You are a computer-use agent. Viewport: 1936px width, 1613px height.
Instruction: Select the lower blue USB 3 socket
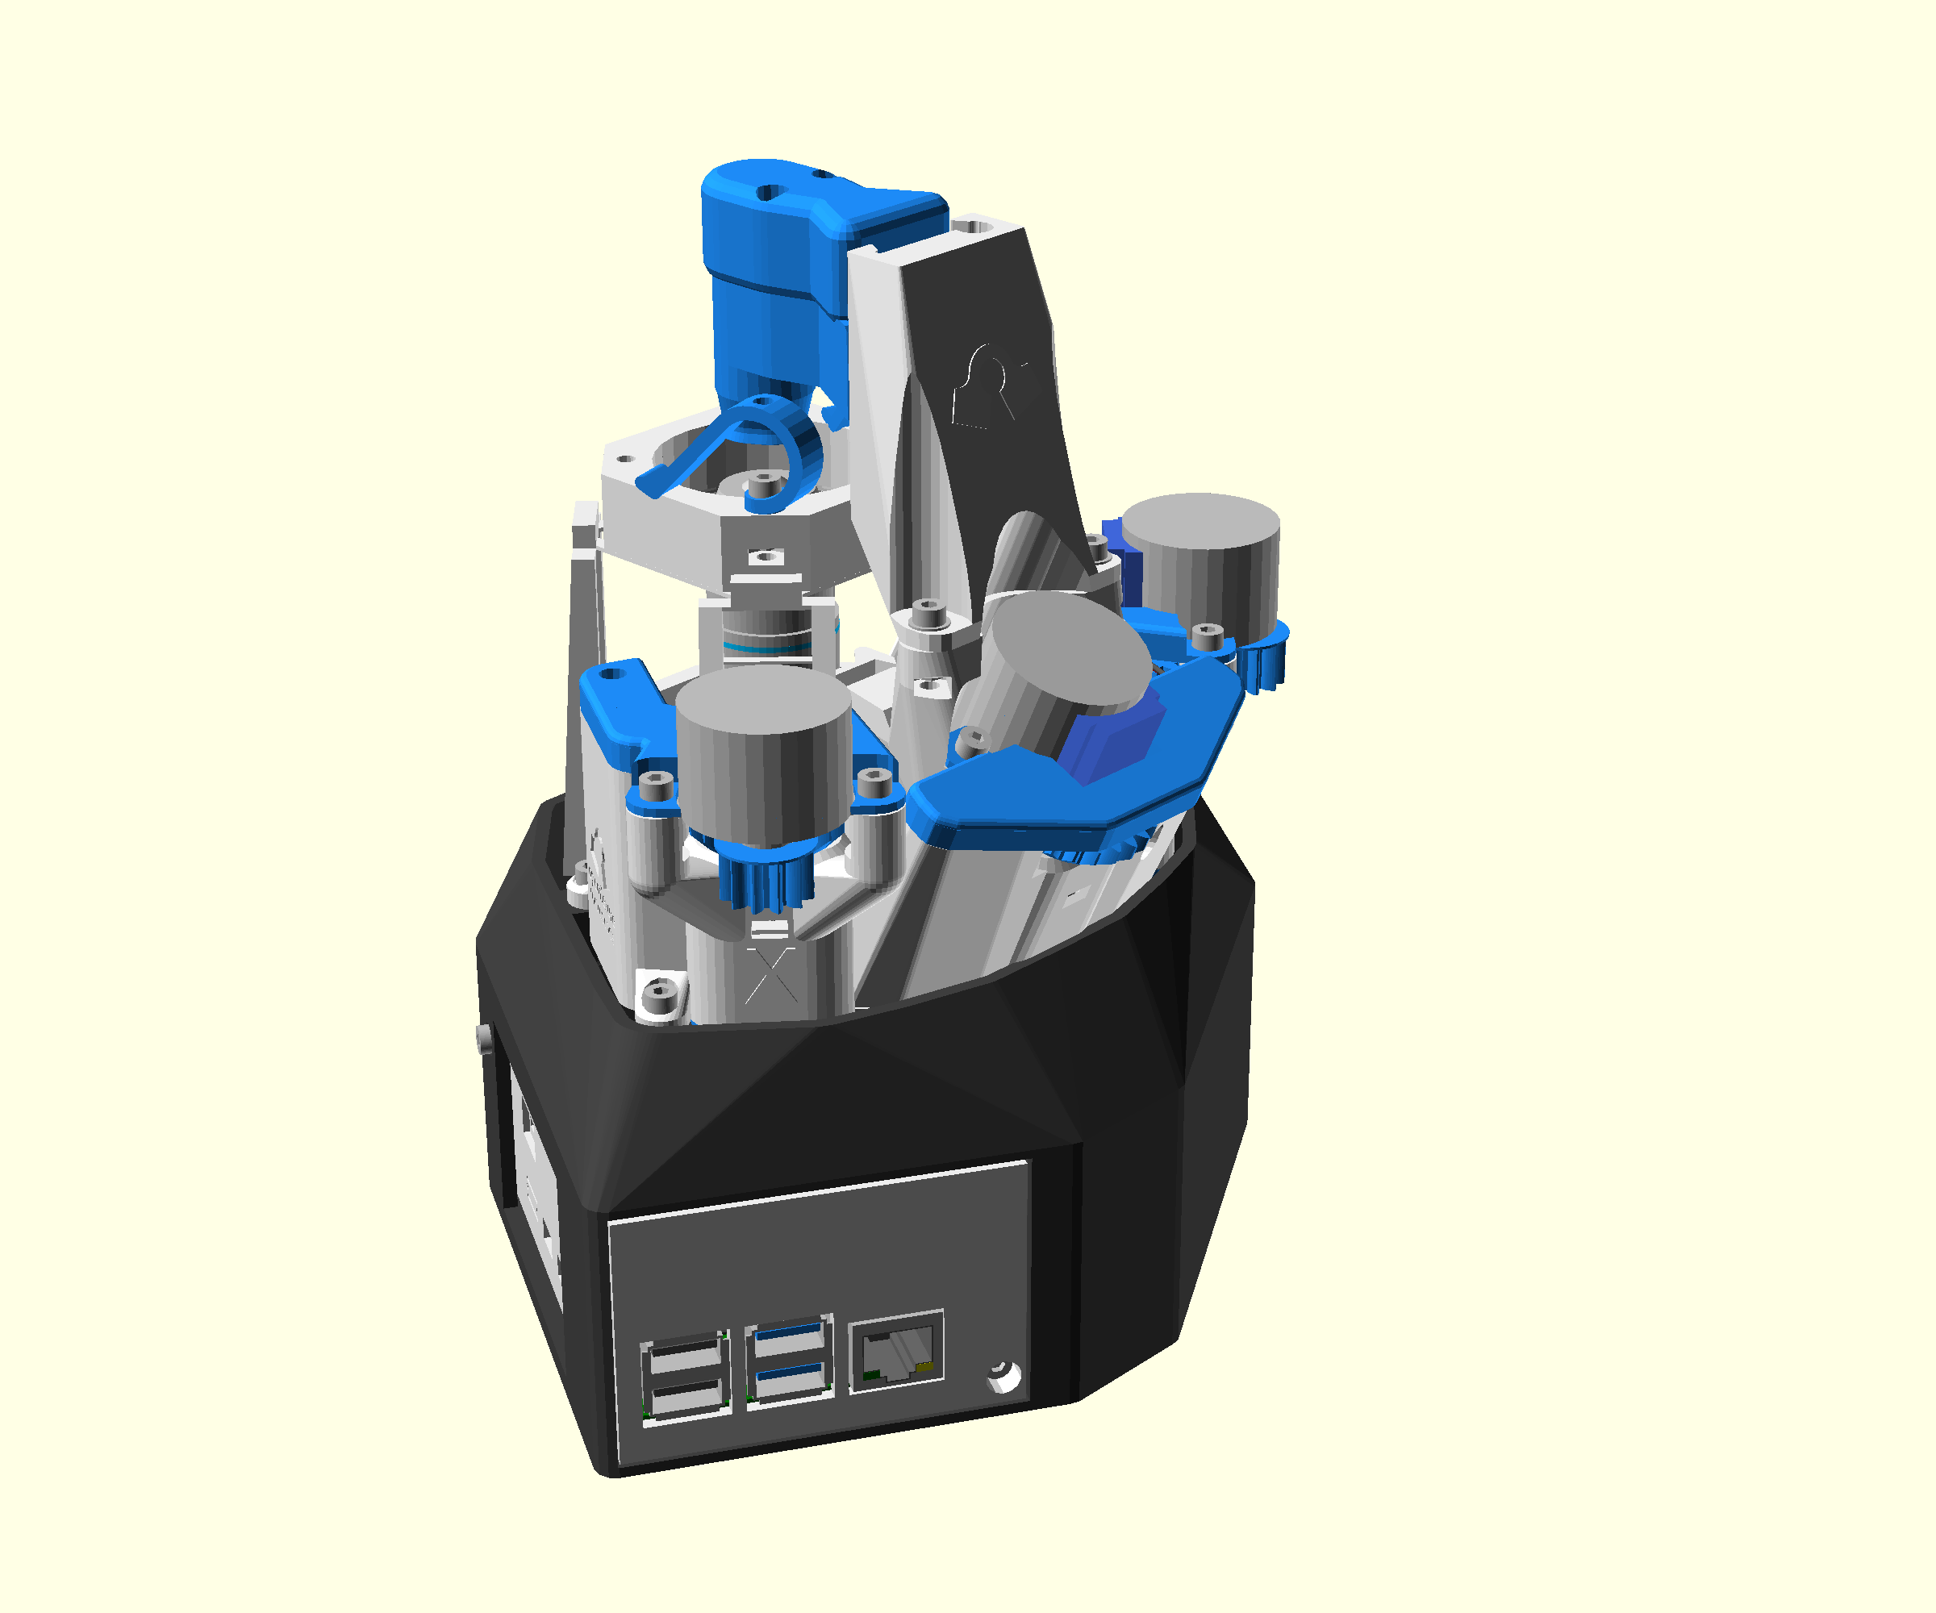(x=789, y=1380)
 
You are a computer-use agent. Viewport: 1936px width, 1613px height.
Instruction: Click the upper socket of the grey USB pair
(x=684, y=1357)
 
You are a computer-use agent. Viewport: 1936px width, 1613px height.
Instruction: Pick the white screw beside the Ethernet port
(x=1003, y=1377)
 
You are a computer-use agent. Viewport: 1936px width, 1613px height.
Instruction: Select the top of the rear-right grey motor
(x=1200, y=525)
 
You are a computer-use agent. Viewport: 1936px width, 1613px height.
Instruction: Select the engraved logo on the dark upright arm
(x=991, y=387)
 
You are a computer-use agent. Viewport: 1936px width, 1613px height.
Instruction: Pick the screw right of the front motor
(x=873, y=783)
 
